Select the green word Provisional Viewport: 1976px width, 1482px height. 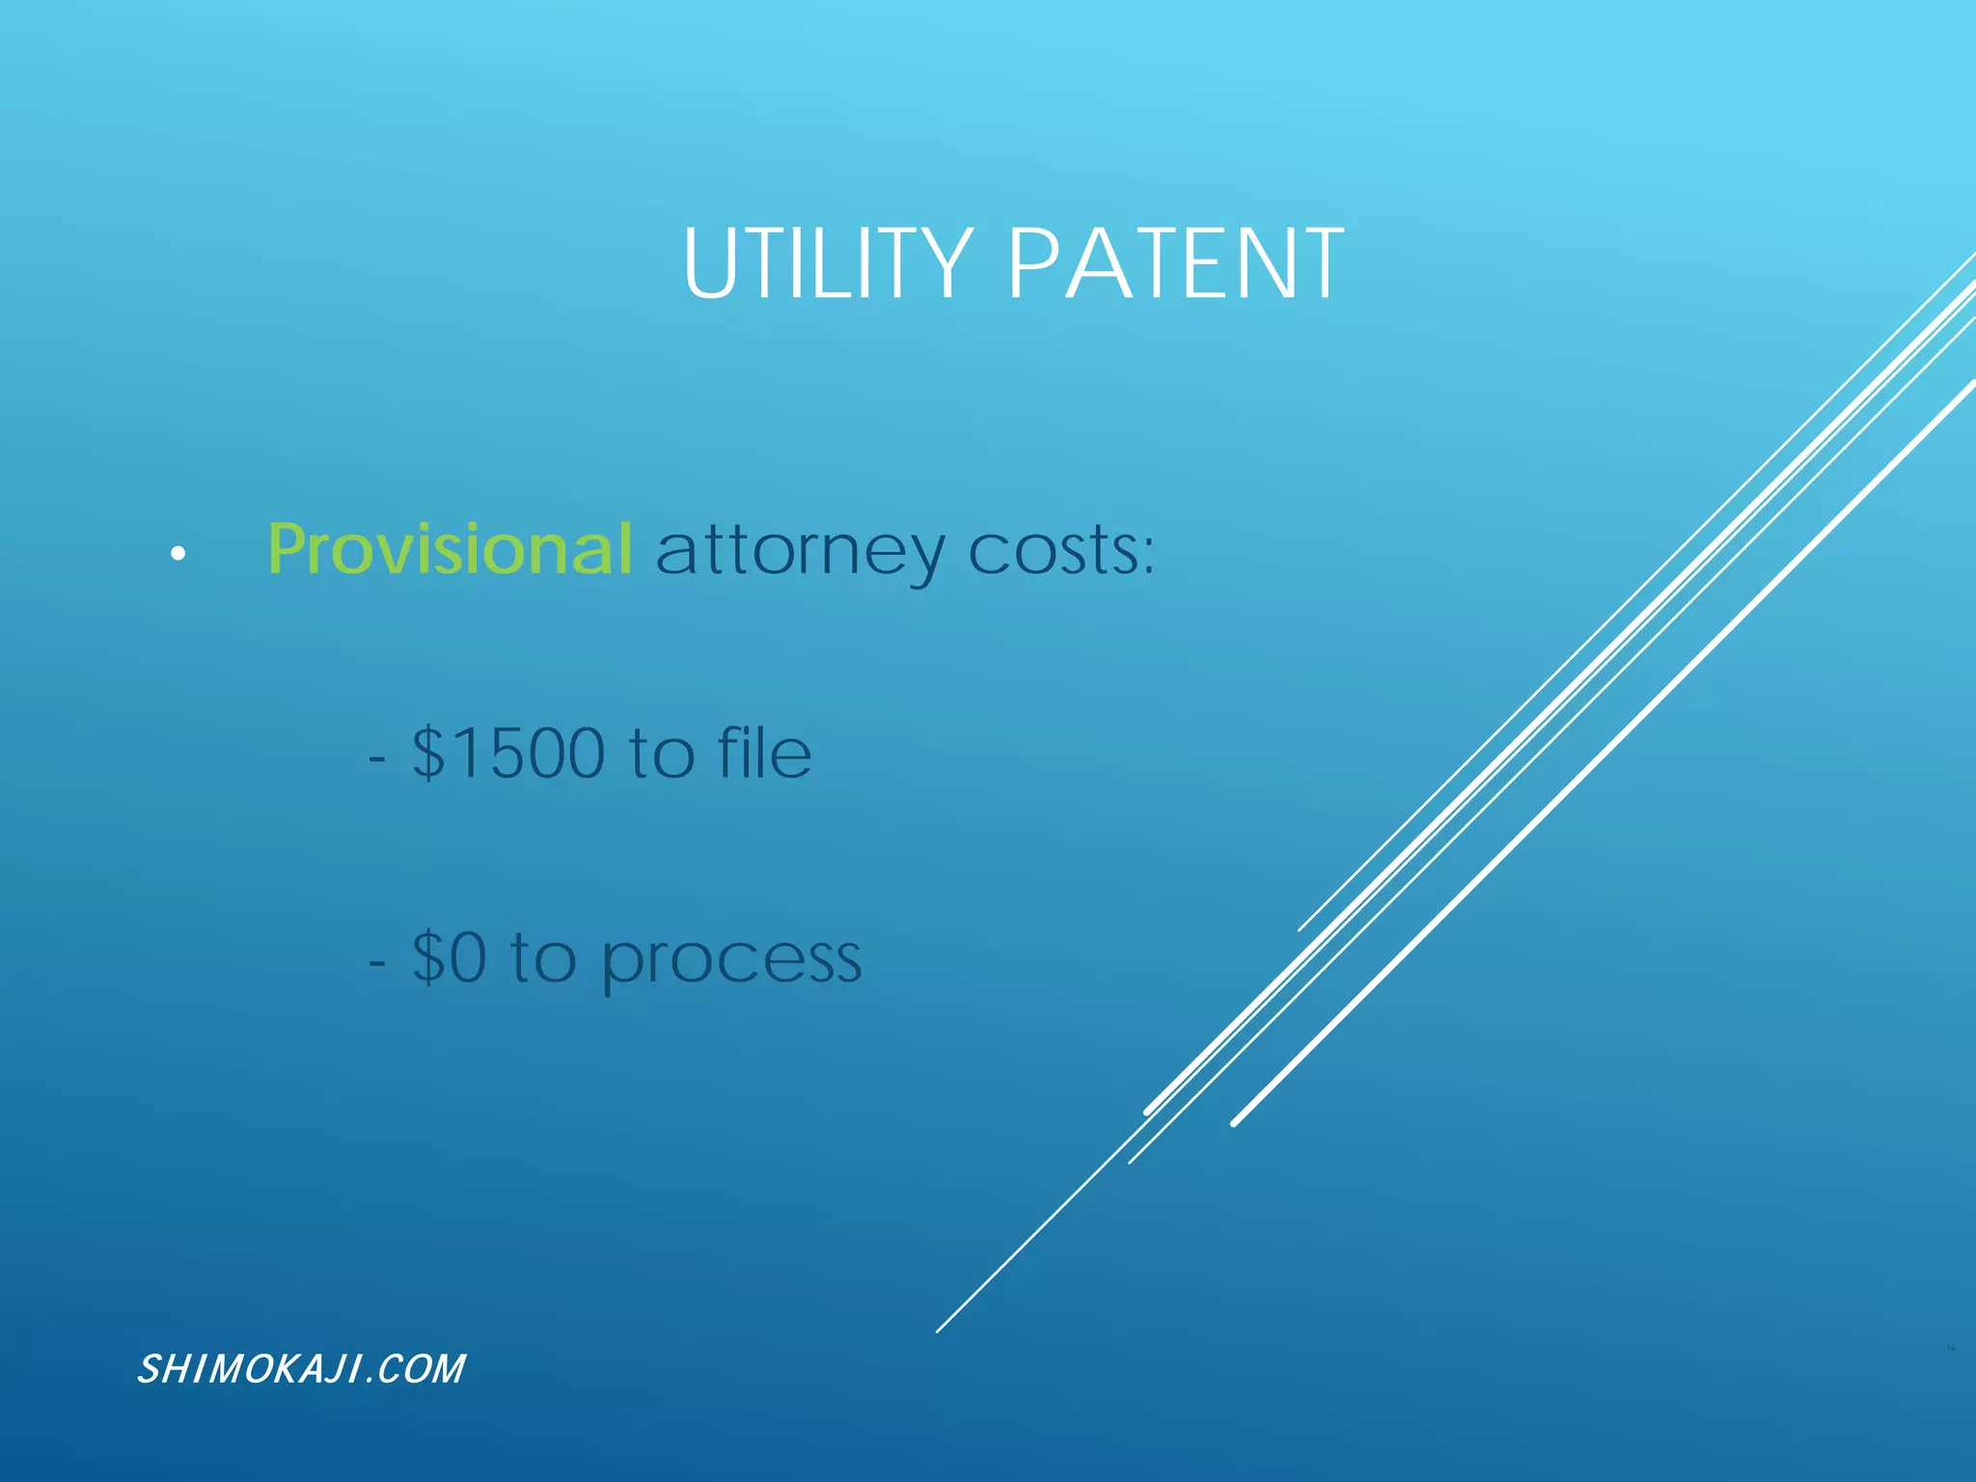[450, 550]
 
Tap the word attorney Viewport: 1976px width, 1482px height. [801, 552]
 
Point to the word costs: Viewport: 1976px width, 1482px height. [1060, 552]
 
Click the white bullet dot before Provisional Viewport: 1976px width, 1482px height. [178, 554]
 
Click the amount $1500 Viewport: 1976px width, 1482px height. [508, 754]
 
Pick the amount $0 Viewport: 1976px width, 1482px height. [450, 958]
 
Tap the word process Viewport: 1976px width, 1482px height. [731, 961]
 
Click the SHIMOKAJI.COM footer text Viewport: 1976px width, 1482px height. [301, 1369]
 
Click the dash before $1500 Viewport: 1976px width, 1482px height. [377, 758]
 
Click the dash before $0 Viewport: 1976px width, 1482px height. [377, 962]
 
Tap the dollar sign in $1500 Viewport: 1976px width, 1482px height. [428, 754]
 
